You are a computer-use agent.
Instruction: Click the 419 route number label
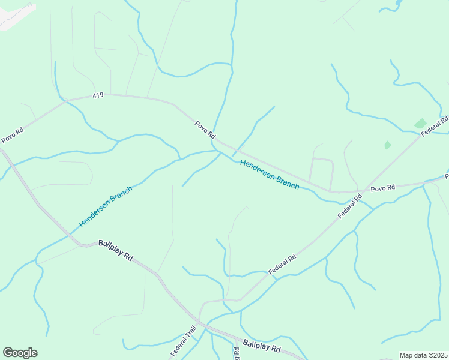pos(98,95)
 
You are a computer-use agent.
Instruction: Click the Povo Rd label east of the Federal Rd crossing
pos(382,188)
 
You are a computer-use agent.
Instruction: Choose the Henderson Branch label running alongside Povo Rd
pos(269,174)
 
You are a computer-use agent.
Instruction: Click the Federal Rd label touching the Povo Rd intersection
pos(350,206)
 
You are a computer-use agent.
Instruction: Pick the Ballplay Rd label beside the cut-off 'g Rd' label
pos(262,347)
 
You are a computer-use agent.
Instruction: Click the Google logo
pos(20,353)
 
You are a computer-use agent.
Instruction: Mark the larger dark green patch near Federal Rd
pos(420,124)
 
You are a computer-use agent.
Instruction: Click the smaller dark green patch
pos(387,145)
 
